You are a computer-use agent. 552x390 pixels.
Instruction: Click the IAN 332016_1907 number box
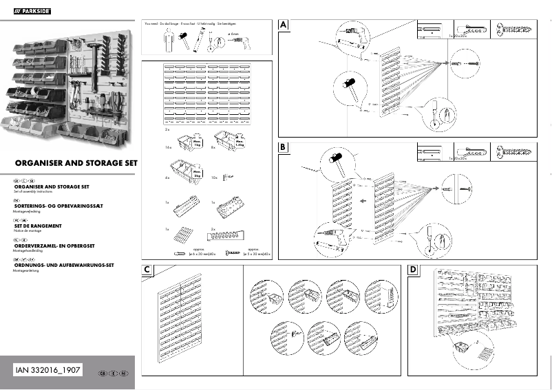(x=48, y=371)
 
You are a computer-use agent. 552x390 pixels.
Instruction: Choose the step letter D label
(x=413, y=270)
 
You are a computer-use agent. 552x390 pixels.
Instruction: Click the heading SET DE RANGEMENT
(x=38, y=226)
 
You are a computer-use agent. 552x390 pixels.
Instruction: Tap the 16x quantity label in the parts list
(x=168, y=148)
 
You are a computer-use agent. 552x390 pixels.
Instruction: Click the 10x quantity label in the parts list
(x=214, y=177)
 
